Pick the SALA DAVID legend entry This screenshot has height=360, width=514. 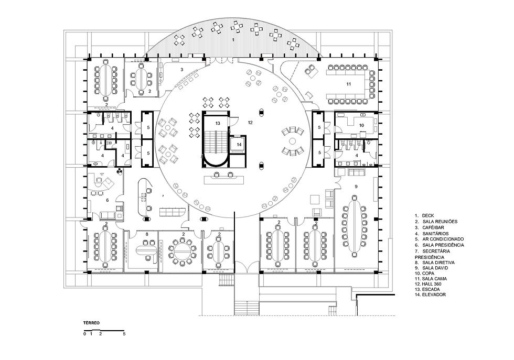click(431, 268)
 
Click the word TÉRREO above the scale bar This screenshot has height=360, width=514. click(91, 323)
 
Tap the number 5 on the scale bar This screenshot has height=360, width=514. click(124, 334)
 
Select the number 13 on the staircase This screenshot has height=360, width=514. click(218, 123)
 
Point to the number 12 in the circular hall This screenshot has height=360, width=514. click(250, 123)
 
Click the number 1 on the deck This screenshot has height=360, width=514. click(233, 40)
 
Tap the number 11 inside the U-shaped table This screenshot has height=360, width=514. click(348, 84)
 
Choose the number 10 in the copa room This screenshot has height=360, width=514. click(361, 125)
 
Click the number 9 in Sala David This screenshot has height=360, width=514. click(356, 187)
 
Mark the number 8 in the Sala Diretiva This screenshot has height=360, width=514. click(147, 234)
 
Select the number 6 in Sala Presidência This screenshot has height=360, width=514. click(107, 200)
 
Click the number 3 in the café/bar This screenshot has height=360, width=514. click(182, 70)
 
